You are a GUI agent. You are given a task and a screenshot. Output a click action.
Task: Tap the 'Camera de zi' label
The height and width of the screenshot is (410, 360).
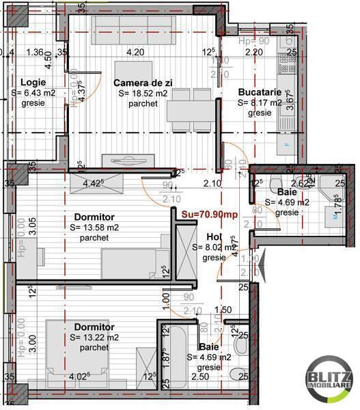point(143,83)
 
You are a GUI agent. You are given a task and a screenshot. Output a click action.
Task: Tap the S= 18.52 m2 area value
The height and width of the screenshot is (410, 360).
point(143,94)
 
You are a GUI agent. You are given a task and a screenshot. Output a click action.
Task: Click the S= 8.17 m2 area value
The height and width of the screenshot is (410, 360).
point(260,103)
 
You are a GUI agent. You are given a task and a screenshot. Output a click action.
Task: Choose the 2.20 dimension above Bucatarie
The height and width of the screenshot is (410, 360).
point(253,52)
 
